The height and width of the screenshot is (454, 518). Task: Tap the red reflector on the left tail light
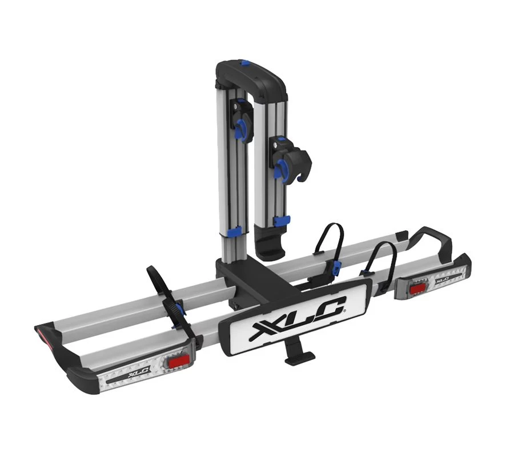[x=178, y=363]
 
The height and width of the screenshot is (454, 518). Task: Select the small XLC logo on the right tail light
[x=442, y=281]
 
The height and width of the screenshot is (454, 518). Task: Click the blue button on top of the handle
[x=245, y=63]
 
